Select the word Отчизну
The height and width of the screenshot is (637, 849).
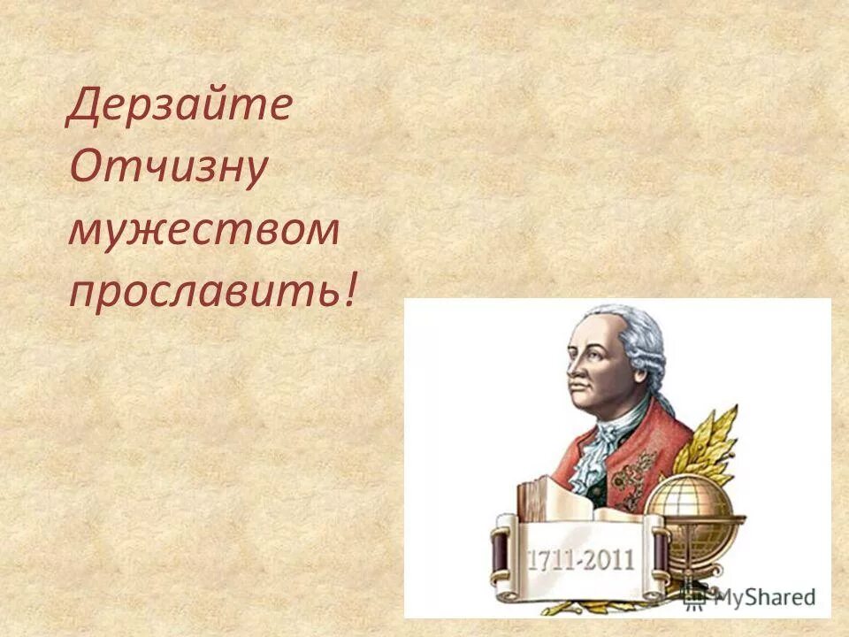click(166, 170)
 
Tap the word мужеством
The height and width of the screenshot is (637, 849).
click(203, 231)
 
